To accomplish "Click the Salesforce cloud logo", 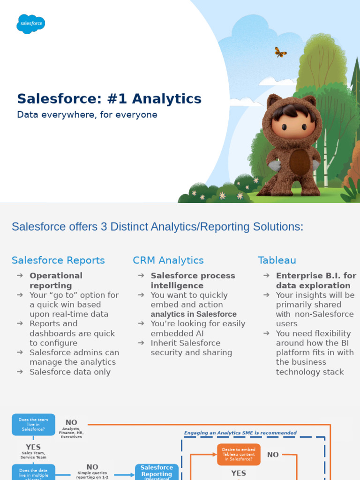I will click(x=30, y=23).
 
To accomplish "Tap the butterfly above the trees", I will click(x=280, y=52).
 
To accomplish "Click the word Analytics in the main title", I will click(x=166, y=99).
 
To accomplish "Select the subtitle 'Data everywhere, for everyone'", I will click(x=87, y=114).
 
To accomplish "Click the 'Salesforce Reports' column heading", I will click(x=58, y=260).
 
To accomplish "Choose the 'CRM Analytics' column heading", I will click(x=168, y=260).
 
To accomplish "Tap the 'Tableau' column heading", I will click(x=277, y=260).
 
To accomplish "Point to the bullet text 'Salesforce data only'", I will click(x=70, y=372).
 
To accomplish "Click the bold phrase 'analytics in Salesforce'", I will click(x=194, y=314).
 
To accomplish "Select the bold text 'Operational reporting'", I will click(x=56, y=280).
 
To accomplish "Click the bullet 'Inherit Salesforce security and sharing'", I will click(x=191, y=347).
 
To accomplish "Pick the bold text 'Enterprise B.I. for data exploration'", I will click(x=316, y=280).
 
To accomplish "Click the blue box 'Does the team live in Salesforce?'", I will click(x=33, y=425).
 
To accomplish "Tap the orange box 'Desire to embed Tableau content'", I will click(x=239, y=454).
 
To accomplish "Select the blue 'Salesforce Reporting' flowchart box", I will click(x=157, y=471).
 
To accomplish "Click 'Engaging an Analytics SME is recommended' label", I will click(x=240, y=433).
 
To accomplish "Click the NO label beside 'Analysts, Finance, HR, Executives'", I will click(x=71, y=422).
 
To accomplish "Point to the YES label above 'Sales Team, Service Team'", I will click(x=33, y=447).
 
